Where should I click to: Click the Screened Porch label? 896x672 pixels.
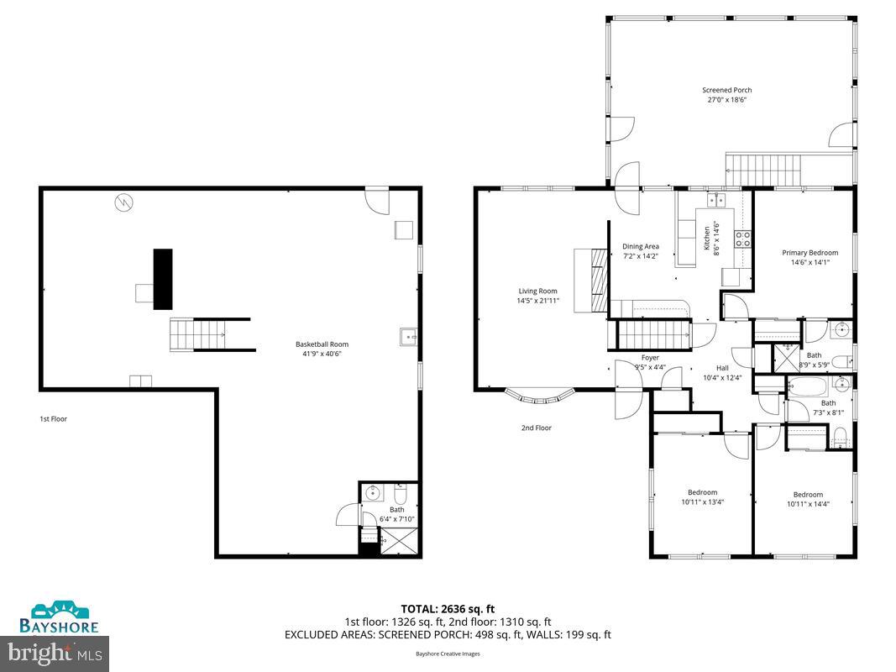[x=726, y=90]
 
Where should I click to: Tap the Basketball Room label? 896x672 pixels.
[x=322, y=344]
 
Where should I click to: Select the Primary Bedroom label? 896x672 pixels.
[x=810, y=252]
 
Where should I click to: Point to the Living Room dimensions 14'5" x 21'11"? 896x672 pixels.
[x=537, y=301]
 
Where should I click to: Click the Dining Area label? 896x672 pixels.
[x=640, y=246]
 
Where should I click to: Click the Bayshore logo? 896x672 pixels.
[x=60, y=617]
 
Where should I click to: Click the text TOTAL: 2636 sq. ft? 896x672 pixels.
[x=448, y=608]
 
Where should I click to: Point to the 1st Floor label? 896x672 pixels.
[x=53, y=418]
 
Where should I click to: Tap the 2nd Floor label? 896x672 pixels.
[x=536, y=428]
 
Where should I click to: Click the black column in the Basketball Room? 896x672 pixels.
[x=163, y=279]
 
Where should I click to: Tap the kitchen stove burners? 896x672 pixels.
[x=742, y=239]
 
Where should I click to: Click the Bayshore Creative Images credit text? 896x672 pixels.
[x=448, y=654]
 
